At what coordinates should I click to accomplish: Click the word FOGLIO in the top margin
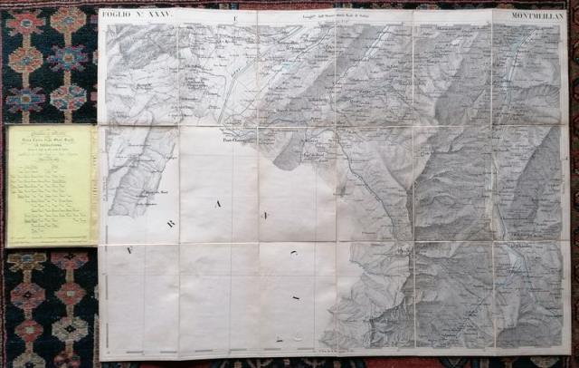coord(117,16)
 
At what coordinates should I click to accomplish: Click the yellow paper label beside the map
coord(51,185)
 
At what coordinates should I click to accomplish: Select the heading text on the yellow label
coord(51,136)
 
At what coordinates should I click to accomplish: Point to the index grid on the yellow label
coord(51,199)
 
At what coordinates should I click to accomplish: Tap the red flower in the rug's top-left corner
coord(22,22)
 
